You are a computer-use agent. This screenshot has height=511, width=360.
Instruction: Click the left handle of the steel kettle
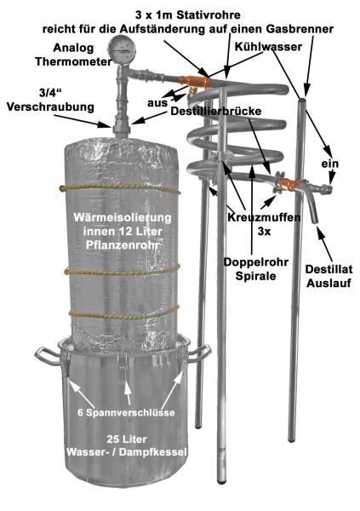coord(45,353)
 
